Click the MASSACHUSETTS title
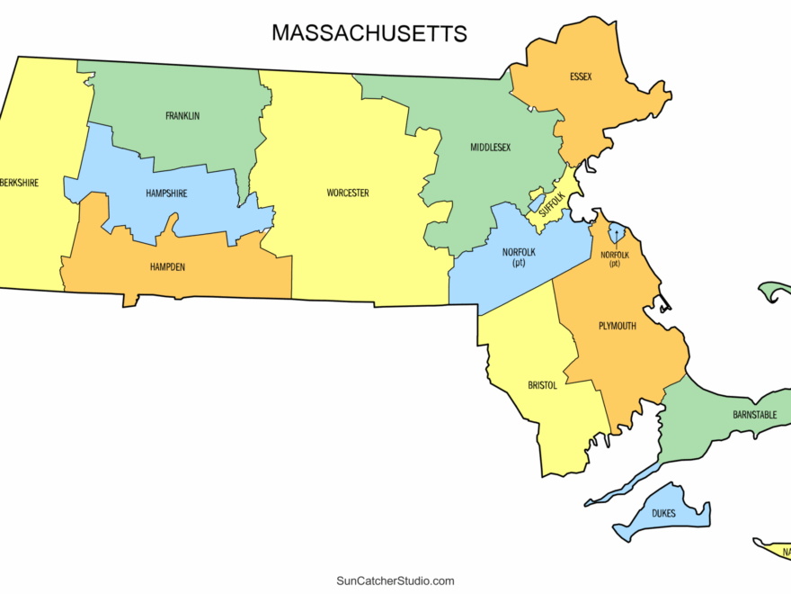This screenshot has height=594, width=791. point(369,34)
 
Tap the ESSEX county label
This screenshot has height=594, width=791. point(581,76)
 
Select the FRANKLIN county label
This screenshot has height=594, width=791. point(182,116)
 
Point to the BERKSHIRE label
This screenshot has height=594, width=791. point(20,183)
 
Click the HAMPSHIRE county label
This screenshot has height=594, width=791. point(166,193)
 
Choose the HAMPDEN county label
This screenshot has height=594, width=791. point(168,266)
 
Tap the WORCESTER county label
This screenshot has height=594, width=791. point(348,193)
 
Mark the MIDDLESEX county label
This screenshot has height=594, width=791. point(490,147)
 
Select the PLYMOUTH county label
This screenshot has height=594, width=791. point(617,326)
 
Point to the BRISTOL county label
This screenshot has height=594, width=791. point(543,385)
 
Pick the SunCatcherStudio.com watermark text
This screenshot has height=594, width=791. point(395,581)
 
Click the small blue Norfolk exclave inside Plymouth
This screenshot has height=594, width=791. point(617,234)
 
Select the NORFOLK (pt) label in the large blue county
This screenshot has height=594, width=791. point(519,257)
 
